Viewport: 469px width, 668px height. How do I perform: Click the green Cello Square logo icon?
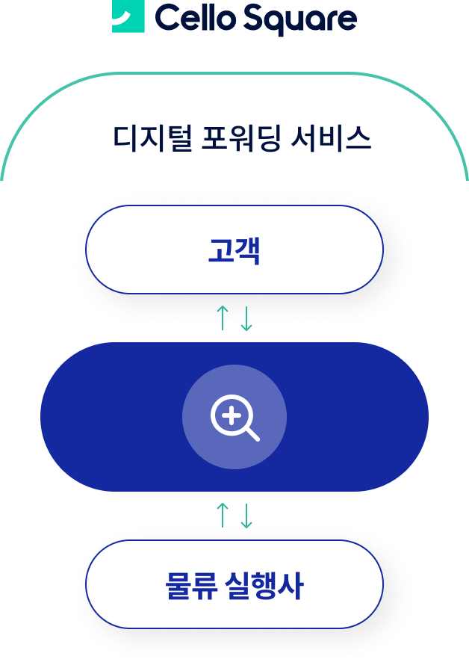128,16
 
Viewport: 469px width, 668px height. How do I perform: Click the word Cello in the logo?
196,18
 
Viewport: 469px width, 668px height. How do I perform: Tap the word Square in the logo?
300,20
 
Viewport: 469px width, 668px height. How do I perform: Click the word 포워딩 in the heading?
241,138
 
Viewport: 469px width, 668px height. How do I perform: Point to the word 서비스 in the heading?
331,138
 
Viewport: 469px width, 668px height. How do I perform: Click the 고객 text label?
234,250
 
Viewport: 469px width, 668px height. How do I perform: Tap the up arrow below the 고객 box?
223,318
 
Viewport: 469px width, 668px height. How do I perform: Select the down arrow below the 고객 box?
246,318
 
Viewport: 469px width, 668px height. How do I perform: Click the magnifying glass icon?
235,418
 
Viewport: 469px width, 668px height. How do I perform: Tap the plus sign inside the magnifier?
232,415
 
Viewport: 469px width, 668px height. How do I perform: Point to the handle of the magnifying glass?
252,434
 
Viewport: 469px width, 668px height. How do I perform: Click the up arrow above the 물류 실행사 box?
223,515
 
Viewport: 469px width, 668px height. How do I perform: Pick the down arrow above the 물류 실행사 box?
246,516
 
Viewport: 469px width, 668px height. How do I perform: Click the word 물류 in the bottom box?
191,586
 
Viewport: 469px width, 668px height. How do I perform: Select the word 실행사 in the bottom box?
264,586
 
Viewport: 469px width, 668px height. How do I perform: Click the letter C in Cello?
169,18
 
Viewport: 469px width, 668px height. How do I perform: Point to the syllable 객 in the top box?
247,250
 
